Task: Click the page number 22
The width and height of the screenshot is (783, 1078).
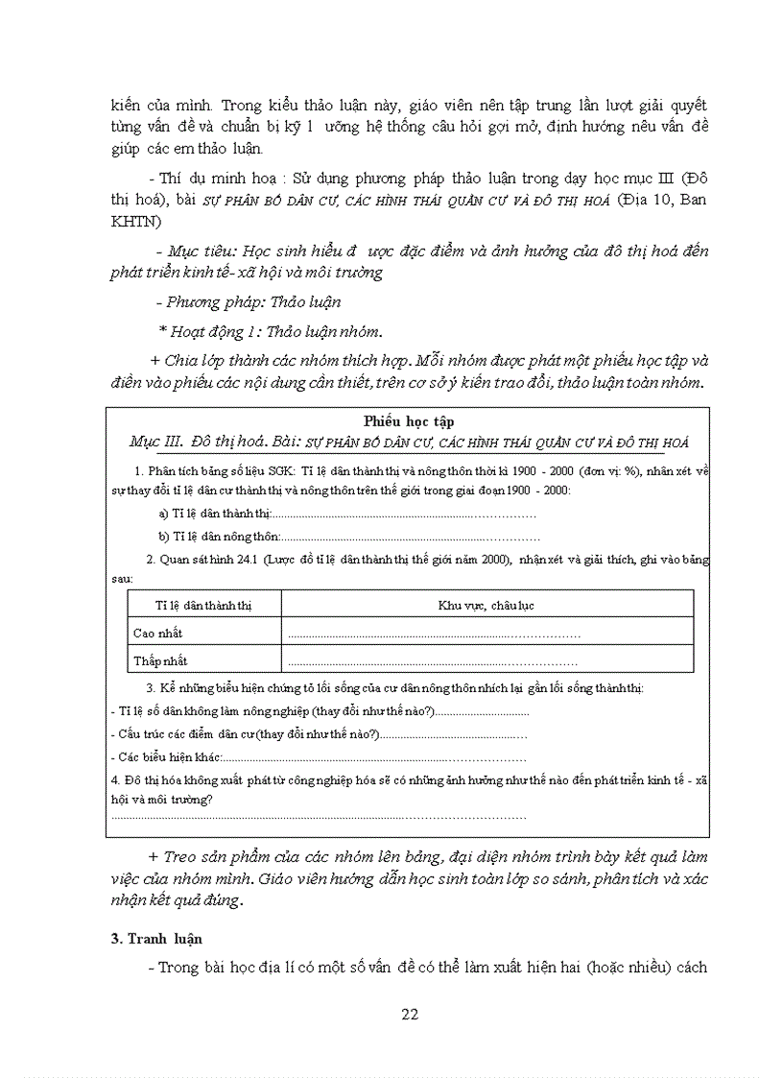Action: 410,1014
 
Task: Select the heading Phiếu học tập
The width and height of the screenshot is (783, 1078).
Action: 409,420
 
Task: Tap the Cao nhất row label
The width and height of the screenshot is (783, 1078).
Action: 157,634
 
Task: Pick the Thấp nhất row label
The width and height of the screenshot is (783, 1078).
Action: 160,660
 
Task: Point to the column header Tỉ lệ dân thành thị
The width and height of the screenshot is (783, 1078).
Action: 204,605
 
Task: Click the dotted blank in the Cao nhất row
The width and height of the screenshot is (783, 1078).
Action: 434,635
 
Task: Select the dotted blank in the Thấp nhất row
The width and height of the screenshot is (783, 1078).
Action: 432,661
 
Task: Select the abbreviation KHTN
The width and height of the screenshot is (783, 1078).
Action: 134,222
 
